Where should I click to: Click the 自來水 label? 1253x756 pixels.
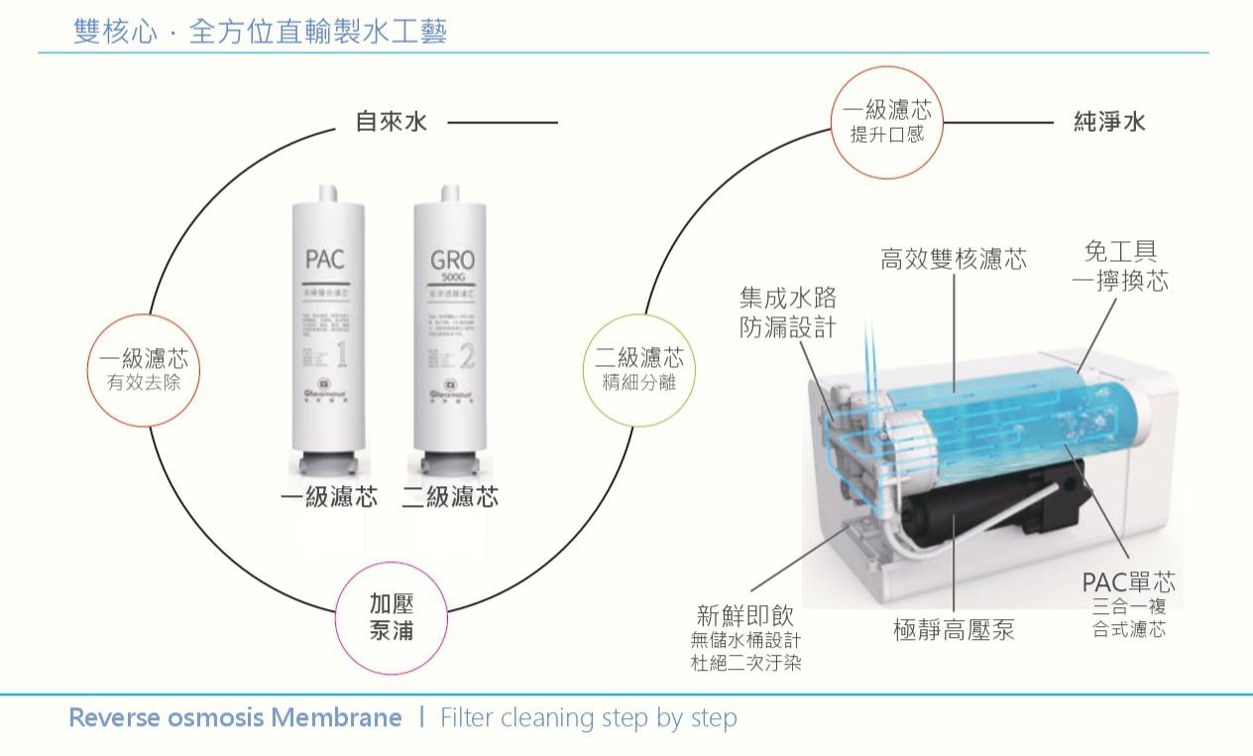(x=391, y=122)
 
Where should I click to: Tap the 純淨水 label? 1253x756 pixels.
(x=1109, y=122)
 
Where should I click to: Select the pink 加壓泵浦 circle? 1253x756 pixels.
(x=392, y=617)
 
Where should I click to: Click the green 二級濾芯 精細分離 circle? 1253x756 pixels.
(x=639, y=370)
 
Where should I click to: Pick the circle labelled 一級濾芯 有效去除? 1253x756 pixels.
(x=144, y=370)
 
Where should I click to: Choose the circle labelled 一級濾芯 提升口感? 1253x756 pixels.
(x=886, y=122)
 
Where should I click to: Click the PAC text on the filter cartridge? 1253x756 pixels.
(x=324, y=260)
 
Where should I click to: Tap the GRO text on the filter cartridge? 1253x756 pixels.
(x=452, y=260)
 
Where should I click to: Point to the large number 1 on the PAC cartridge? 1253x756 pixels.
(x=342, y=354)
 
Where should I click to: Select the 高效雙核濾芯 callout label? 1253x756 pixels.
(x=953, y=260)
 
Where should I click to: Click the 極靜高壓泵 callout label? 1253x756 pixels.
(x=954, y=630)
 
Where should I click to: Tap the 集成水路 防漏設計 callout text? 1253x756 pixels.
(x=788, y=313)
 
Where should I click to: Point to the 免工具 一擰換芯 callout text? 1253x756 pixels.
(x=1120, y=267)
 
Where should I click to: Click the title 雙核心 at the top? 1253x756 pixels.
(x=115, y=33)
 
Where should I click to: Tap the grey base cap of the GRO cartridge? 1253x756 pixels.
(x=452, y=464)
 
